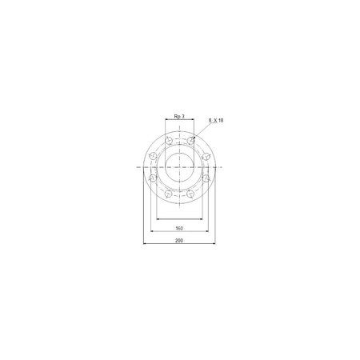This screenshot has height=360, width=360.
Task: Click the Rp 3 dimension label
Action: pyautogui.click(x=179, y=117)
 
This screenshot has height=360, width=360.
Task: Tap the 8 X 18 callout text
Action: pyautogui.click(x=216, y=121)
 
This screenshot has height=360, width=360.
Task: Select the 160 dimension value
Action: pyautogui.click(x=179, y=228)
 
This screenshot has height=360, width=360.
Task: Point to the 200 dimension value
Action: pyautogui.click(x=179, y=241)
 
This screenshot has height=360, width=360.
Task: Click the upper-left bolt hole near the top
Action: pyautogui.click(x=169, y=140)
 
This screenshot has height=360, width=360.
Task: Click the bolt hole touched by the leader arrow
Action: pyautogui.click(x=190, y=140)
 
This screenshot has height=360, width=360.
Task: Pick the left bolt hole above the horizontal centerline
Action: pyautogui.click(x=153, y=155)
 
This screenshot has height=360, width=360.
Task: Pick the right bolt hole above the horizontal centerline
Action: pyautogui.click(x=206, y=155)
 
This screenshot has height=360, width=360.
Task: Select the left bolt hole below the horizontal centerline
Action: pyautogui.click(x=153, y=178)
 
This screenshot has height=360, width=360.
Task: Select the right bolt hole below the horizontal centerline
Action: pyautogui.click(x=206, y=178)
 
